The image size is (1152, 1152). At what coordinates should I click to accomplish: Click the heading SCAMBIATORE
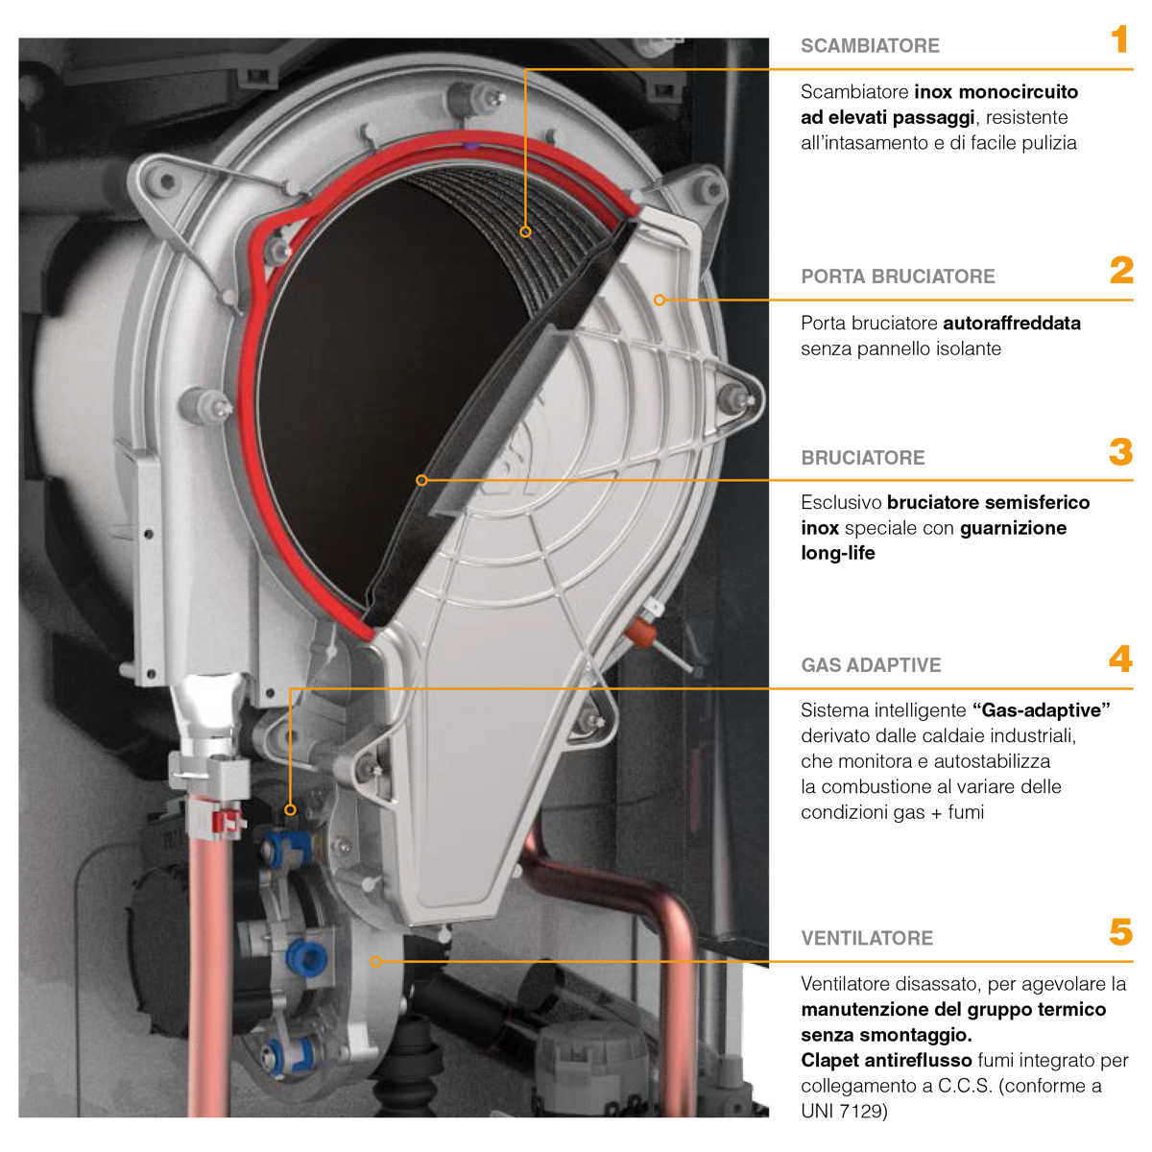[x=870, y=46]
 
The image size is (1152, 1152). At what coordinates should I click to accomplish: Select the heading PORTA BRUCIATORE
[x=898, y=276]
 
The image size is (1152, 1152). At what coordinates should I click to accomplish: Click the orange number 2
[x=1121, y=270]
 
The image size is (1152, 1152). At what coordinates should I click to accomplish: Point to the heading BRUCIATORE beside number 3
[x=863, y=457]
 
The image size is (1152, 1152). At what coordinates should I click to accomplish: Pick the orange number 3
[x=1121, y=452]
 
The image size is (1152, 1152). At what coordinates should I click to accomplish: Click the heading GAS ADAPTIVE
[x=871, y=664]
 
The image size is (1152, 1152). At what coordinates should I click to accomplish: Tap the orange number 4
[x=1121, y=659]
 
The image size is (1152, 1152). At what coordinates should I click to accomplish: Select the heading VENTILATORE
[x=867, y=938]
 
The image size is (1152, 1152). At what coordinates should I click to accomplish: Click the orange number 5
[x=1121, y=931]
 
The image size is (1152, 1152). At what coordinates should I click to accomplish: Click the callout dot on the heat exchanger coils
[x=525, y=232]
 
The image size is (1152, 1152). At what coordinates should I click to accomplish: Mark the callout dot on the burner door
[x=660, y=300]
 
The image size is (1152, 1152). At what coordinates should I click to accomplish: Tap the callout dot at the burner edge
[x=421, y=480]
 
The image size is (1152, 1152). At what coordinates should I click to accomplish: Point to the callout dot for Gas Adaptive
[x=291, y=810]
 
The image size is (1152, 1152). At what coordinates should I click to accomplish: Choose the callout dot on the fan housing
[x=376, y=961]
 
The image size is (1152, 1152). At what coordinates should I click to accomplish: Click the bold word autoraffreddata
[x=1012, y=324]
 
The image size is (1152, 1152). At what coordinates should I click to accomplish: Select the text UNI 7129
[x=844, y=1112]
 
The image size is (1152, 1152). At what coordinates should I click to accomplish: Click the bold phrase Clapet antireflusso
[x=886, y=1060]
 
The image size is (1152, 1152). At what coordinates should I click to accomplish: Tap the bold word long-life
[x=837, y=553]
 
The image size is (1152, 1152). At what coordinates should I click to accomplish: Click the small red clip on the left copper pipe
[x=229, y=820]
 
